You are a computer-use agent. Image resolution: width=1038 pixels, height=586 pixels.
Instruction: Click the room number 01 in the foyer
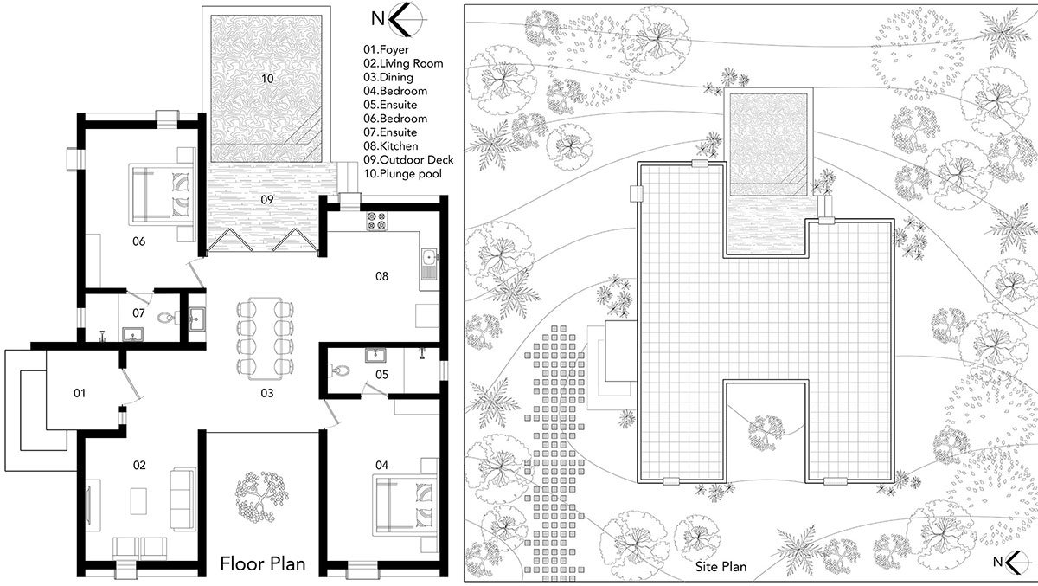(80, 393)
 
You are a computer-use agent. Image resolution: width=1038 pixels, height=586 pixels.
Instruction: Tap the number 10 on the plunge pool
(267, 79)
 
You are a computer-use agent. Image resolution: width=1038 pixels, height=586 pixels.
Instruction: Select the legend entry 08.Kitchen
(391, 146)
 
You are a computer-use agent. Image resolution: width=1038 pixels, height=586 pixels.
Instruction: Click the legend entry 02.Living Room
(403, 63)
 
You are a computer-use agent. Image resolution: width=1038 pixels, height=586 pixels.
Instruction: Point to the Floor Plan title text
(263, 563)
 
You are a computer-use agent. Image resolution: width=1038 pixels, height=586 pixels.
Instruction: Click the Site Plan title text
(721, 567)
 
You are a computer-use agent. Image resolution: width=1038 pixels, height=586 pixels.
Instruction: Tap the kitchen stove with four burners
(377, 221)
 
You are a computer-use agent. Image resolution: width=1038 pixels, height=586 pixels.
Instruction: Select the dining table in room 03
(265, 338)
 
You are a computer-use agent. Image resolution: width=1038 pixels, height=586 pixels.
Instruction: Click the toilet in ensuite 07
(165, 318)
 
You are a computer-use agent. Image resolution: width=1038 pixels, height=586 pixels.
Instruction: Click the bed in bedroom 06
(161, 194)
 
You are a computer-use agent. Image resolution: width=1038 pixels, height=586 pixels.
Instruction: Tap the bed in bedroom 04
(405, 505)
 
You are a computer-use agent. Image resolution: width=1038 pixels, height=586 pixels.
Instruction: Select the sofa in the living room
(183, 499)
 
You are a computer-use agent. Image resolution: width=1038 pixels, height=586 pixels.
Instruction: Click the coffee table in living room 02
(138, 500)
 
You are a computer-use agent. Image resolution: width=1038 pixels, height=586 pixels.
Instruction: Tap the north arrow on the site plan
(1011, 563)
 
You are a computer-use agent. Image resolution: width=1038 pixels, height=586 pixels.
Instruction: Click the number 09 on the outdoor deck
(267, 200)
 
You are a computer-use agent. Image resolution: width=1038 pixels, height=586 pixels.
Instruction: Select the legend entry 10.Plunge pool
(403, 174)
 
